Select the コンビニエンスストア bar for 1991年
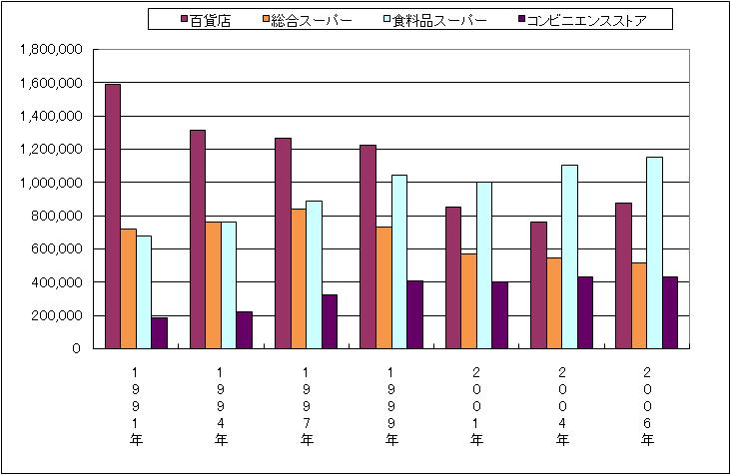click(x=159, y=333)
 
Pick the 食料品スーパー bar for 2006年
click(x=654, y=252)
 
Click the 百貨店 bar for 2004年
click(x=538, y=285)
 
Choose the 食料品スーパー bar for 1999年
click(x=399, y=261)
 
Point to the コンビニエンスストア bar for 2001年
click(x=500, y=315)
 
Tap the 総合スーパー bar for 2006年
click(x=639, y=305)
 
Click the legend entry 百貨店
click(x=205, y=20)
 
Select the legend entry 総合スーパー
click(x=307, y=20)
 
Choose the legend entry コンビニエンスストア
click(x=589, y=20)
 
